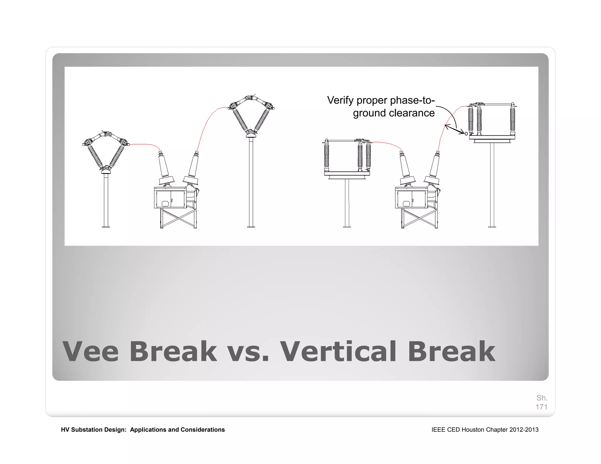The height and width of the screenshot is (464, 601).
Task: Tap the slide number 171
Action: pyautogui.click(x=541, y=407)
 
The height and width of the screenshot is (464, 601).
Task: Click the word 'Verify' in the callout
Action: pyautogui.click(x=340, y=101)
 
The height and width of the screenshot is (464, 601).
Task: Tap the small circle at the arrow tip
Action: pyautogui.click(x=466, y=134)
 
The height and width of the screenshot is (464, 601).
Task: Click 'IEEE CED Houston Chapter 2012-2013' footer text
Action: pyautogui.click(x=485, y=430)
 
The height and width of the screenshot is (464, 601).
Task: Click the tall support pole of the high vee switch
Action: pyautogui.click(x=251, y=182)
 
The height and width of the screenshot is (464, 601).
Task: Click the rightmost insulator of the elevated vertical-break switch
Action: pyautogui.click(x=512, y=119)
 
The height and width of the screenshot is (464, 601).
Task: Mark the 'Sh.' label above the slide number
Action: pyautogui.click(x=542, y=398)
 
